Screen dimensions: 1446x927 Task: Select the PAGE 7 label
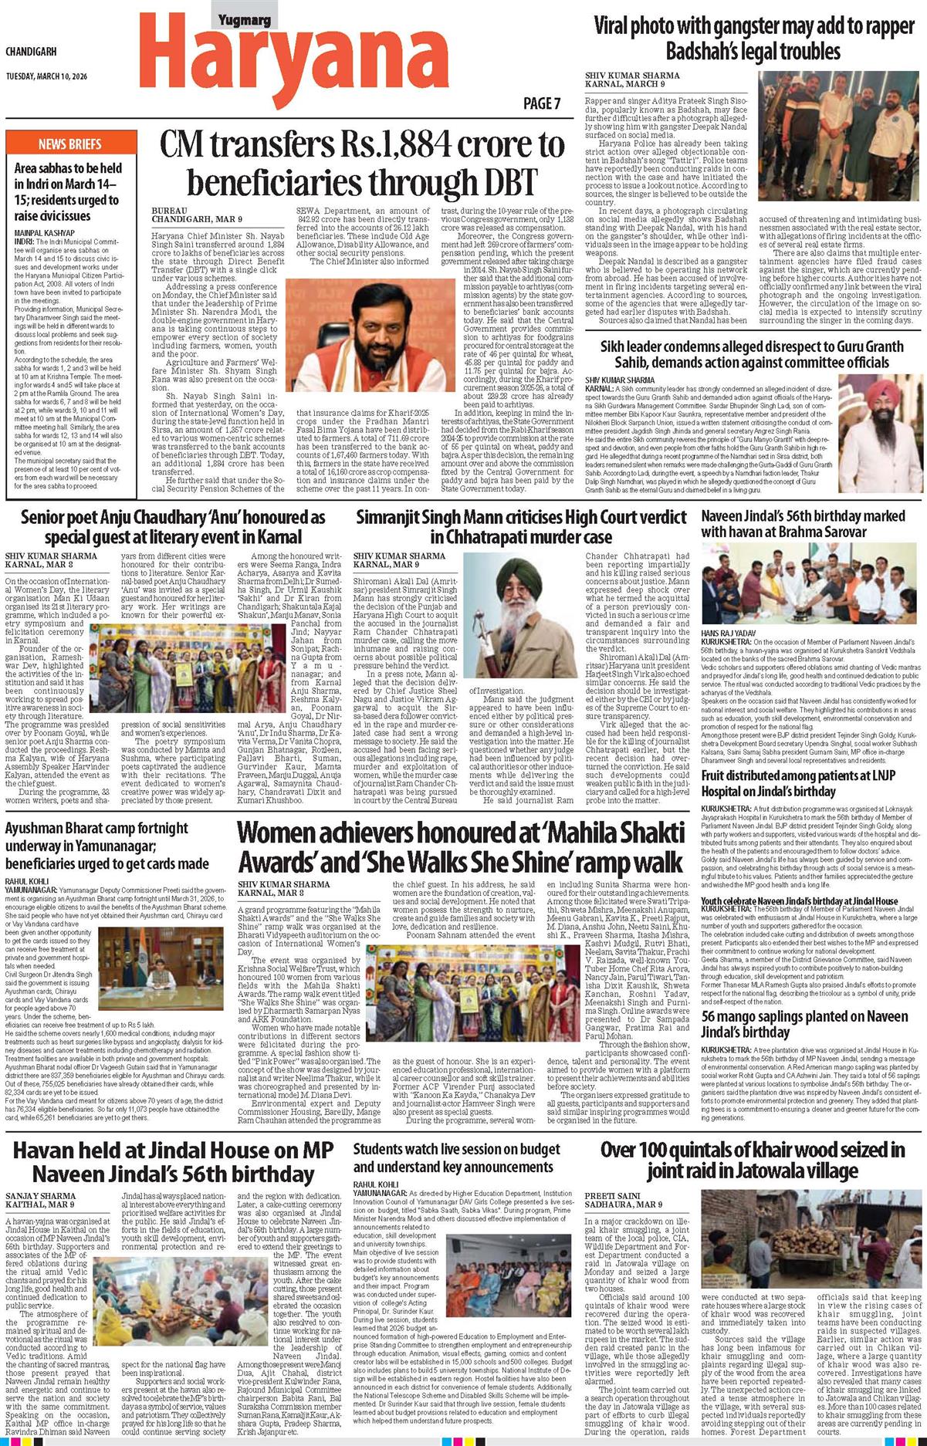[542, 103]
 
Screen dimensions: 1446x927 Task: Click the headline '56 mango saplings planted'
[804, 1024]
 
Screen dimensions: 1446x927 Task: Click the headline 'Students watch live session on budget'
[456, 1157]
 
